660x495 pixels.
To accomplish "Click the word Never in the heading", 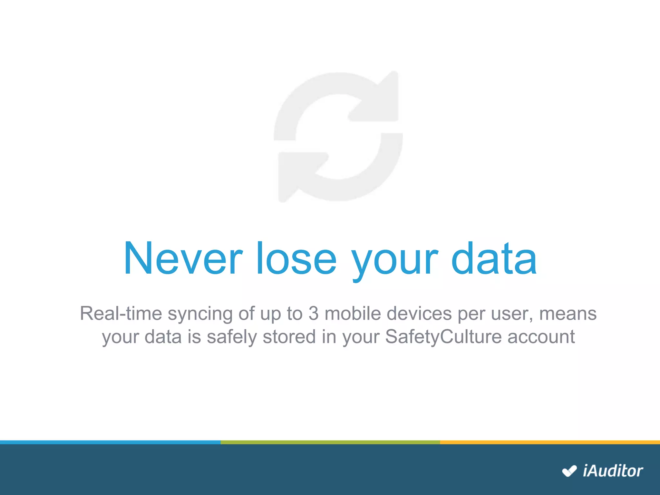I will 183,258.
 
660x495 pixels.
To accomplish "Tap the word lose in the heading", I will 296,258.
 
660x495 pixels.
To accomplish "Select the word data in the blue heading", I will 494,258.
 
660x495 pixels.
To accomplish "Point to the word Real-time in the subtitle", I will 121,314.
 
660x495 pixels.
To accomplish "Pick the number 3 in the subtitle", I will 313,314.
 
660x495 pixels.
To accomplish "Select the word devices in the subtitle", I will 419,314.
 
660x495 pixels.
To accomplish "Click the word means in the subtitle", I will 568,314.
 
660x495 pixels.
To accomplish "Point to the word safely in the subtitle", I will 232,337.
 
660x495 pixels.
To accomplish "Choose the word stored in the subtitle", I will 289,337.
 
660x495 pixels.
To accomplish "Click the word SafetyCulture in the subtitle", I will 443,337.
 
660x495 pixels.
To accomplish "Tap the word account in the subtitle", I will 541,337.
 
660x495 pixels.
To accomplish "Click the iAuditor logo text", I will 613,471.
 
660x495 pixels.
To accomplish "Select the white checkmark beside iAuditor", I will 569,471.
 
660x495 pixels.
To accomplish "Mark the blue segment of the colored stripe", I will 110,442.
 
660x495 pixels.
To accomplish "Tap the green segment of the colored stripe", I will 330,442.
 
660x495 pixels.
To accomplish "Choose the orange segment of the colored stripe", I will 550,442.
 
